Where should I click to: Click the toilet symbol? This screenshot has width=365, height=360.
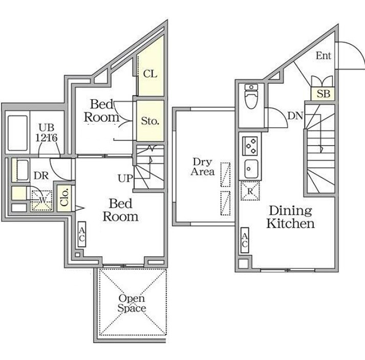pos(251,96)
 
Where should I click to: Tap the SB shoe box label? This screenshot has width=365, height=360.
pos(324,94)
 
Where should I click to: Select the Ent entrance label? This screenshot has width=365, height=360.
pos(324,56)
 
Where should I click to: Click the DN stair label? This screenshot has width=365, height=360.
pos(295,116)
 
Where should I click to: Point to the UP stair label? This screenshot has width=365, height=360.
pos(125,178)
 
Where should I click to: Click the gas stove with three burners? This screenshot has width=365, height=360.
pos(250,146)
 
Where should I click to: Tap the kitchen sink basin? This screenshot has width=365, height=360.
pos(251,169)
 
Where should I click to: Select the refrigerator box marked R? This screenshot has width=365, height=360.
pos(250,191)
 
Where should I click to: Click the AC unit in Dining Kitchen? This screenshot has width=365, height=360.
pos(244,240)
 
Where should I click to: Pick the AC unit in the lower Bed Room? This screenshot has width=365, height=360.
pos(82,234)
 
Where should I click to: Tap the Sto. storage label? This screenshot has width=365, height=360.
pos(150,121)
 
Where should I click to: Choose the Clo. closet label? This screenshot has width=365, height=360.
pos(65,197)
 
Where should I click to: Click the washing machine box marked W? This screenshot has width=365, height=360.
pos(42,200)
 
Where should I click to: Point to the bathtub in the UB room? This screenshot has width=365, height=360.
pos(18,133)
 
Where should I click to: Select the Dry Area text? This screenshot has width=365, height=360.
pos(202,167)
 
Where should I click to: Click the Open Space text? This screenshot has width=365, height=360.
pos(132,303)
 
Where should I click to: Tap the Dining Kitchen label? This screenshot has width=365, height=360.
pos(290,217)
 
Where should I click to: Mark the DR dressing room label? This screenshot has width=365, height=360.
pos(41,175)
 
